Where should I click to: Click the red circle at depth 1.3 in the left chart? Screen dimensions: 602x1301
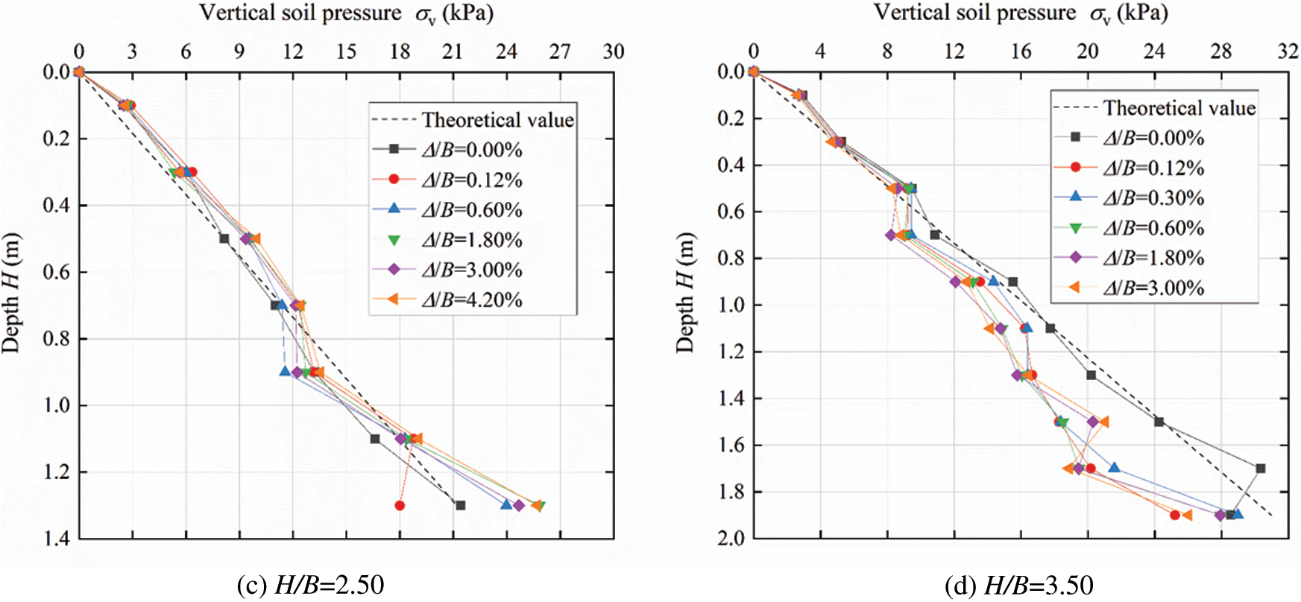400,505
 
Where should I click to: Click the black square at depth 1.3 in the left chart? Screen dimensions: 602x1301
461,505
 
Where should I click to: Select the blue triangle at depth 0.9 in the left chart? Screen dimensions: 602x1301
285,371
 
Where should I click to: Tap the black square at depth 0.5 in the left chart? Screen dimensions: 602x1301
224,238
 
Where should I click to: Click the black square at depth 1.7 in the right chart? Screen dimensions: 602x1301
1261,469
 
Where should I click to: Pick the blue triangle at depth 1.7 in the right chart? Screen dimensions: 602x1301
1115,468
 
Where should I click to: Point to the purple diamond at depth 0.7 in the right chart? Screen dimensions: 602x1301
891,235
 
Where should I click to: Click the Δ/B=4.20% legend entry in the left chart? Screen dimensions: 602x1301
471,300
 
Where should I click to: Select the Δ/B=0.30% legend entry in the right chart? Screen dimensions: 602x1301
1153,198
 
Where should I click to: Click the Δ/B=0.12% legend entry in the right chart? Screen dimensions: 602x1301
1153,168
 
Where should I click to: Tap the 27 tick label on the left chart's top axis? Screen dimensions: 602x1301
560,51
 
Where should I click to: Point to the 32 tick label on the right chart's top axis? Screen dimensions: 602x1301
1288,51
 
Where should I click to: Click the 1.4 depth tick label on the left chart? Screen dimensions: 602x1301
56,538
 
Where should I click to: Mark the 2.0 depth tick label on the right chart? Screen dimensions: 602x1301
731,538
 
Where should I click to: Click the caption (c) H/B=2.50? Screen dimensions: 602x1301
310,586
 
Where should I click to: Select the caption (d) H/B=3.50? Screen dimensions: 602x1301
1018,586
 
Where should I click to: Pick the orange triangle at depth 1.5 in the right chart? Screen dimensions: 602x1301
1103,422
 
